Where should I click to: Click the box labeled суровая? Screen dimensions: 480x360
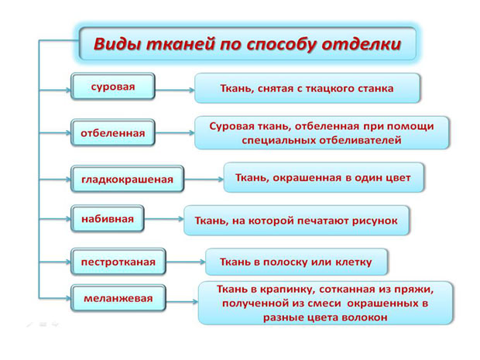113,87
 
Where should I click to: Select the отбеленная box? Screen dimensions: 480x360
113,132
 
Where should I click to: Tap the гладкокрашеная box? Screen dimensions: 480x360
127,179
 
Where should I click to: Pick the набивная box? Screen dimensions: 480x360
108,218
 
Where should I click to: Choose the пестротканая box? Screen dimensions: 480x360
118,262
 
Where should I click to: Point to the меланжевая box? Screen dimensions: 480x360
118,298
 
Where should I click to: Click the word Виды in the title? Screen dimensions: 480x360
117,43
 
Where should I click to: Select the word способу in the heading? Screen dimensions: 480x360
281,45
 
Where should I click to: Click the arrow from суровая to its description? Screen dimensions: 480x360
175,90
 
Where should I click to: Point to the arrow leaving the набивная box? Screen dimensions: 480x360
164,219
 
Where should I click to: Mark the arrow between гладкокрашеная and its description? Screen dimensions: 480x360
204,180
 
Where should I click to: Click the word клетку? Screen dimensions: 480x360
354,262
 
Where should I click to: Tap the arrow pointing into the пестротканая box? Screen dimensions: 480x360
55,262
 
